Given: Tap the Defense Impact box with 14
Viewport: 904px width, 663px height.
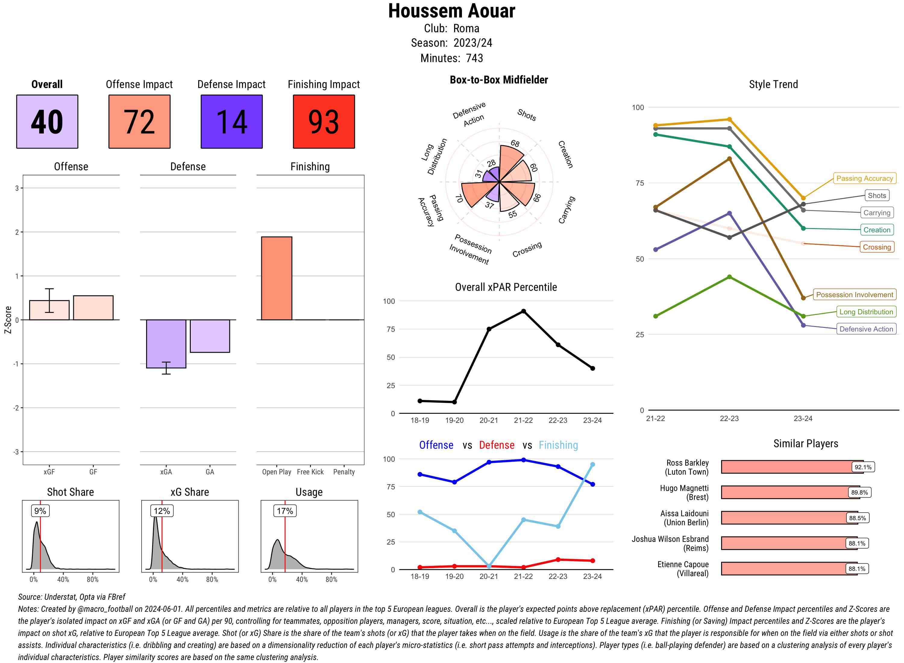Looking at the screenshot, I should (x=231, y=122).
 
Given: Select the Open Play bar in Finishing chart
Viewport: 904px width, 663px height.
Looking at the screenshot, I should (x=276, y=278).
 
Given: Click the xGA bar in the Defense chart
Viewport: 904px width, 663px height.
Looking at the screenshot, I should (x=166, y=344).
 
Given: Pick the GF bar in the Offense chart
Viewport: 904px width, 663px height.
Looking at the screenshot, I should (x=93, y=308).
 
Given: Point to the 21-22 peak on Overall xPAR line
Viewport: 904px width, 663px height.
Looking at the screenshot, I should (x=523, y=311).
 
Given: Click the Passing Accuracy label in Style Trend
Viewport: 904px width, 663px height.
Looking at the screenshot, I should (x=864, y=178).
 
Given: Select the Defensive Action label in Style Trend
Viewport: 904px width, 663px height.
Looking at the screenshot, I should (x=866, y=329).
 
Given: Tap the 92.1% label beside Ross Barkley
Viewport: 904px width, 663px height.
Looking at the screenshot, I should (x=863, y=467).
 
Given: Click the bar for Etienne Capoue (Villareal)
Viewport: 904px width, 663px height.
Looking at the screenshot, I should (x=789, y=568).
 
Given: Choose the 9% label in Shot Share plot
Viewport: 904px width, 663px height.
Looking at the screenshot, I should (x=40, y=511).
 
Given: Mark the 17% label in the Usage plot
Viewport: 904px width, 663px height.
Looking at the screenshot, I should (x=285, y=511).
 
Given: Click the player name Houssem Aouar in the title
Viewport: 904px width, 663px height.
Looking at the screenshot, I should (x=451, y=11).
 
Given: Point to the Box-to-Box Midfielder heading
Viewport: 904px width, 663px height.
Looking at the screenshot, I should (x=498, y=80).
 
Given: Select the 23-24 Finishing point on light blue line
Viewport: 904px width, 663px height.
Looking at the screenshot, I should (x=592, y=464).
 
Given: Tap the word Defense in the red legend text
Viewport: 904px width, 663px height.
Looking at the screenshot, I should (x=496, y=445).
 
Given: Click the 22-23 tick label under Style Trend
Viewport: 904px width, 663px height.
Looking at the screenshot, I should (x=729, y=418).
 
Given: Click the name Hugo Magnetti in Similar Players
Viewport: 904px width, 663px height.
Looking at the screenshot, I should (x=684, y=488).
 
